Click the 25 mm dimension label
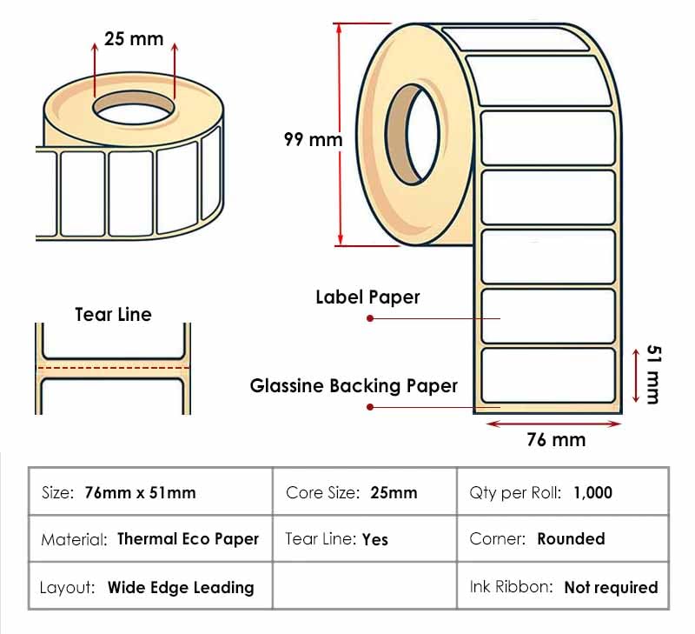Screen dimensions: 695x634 (x=134, y=39)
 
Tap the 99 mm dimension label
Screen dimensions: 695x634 (x=314, y=140)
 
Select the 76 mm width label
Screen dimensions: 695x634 (x=556, y=440)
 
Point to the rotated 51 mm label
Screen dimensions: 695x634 (x=654, y=375)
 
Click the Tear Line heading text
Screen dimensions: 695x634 (x=114, y=315)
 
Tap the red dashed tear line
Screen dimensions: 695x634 (x=114, y=368)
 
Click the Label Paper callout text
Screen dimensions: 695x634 (x=367, y=297)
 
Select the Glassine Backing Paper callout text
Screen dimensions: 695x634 (x=354, y=386)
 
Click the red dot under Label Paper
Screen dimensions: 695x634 (x=370, y=318)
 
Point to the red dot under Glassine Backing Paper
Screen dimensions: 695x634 (x=370, y=407)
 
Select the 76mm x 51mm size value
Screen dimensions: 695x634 (x=140, y=493)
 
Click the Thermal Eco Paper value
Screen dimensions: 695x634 (x=188, y=539)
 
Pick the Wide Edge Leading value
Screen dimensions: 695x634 (x=181, y=587)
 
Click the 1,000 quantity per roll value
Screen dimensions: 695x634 (x=592, y=493)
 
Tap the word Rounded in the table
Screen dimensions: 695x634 (x=571, y=538)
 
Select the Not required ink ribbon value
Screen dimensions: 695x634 (x=611, y=587)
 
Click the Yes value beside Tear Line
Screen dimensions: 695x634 (x=375, y=539)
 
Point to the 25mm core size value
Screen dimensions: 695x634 (x=394, y=493)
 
